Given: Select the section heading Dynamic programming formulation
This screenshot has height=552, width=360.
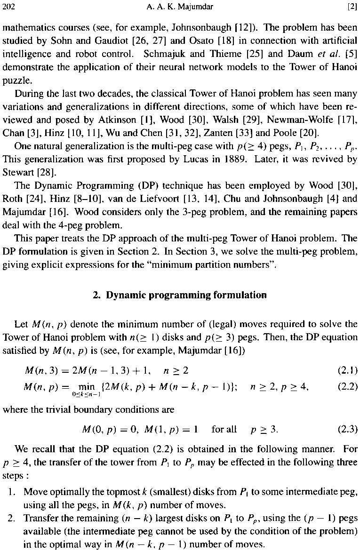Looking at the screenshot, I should [x=186, y=296].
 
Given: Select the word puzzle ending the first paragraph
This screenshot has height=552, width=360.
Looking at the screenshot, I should [x=15, y=80].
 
